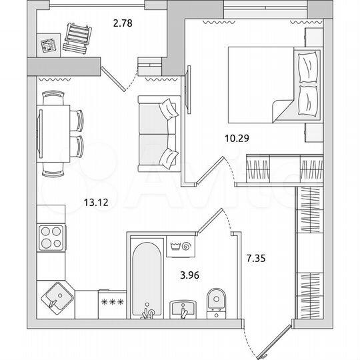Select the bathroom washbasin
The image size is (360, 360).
pos(182,309)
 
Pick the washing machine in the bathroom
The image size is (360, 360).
pos(180,245)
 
